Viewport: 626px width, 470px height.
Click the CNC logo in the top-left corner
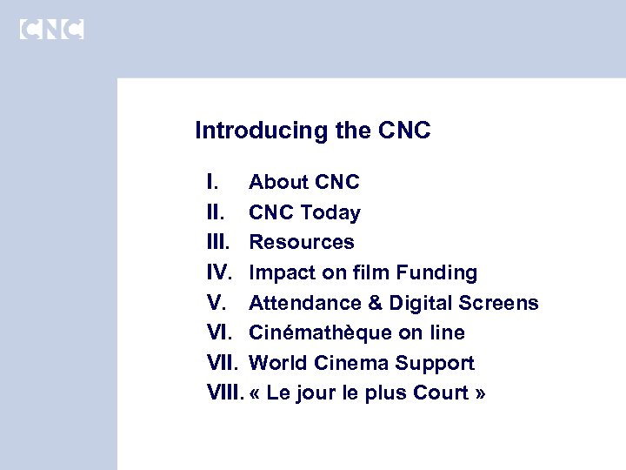tap(51, 29)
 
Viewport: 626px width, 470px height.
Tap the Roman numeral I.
tap(213, 182)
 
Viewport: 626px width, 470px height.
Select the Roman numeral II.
tap(216, 212)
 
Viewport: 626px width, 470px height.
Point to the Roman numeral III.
tap(219, 242)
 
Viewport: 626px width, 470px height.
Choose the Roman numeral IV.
tap(220, 272)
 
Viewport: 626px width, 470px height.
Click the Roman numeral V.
tap(216, 303)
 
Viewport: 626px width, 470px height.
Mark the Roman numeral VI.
tap(220, 332)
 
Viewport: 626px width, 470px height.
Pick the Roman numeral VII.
tap(223, 363)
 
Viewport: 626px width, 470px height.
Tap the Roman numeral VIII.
tap(226, 393)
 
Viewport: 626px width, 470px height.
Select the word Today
tap(332, 212)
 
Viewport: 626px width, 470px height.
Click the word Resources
tap(302, 242)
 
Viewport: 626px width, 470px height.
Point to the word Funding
tap(436, 272)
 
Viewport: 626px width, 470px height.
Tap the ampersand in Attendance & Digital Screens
tap(374, 303)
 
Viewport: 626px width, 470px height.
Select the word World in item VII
tap(276, 363)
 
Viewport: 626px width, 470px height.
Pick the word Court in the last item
tap(443, 393)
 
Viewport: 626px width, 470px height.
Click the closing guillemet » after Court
tap(481, 394)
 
